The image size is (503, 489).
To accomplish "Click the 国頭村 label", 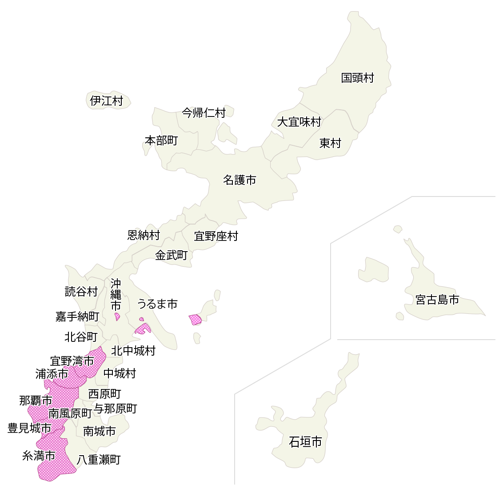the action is click(357, 78).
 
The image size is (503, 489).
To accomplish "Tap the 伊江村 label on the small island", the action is click(106, 101).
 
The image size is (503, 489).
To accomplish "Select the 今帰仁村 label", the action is click(204, 113).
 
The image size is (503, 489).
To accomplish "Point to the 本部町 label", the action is click(161, 140).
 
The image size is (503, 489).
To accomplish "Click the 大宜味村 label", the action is click(299, 122).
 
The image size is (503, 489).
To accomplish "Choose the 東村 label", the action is click(330, 143).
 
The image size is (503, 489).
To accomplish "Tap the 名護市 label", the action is click(240, 180).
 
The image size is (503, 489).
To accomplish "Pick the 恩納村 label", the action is click(144, 235).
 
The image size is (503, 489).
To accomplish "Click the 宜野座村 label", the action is click(216, 236).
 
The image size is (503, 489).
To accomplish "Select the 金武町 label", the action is click(171, 255).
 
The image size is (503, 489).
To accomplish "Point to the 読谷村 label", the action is click(81, 292).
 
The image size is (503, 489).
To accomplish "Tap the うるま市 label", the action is click(157, 304).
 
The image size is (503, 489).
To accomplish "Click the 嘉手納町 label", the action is click(77, 317).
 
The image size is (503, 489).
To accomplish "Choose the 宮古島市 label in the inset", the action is click(437, 300).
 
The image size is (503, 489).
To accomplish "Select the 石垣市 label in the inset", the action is click(305, 442).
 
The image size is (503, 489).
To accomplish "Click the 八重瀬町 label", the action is click(99, 460).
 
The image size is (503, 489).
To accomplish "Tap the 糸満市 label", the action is click(39, 456).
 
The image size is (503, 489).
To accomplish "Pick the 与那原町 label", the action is click(116, 409).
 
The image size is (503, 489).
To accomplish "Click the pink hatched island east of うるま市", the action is click(195, 319).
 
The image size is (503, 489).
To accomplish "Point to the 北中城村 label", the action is click(133, 351).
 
